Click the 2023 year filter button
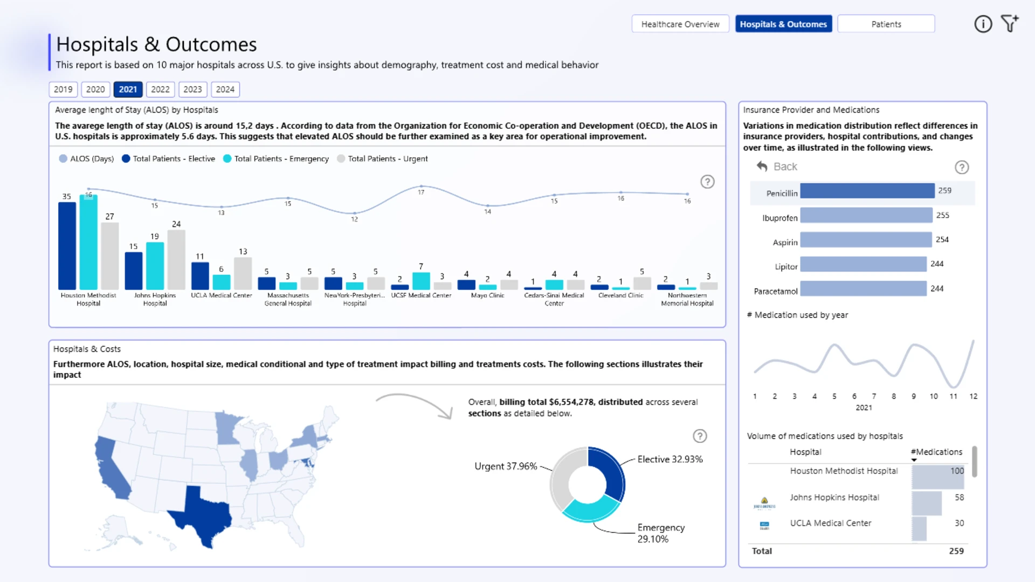click(192, 89)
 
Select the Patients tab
click(886, 24)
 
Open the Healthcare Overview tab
click(680, 24)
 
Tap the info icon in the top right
click(983, 24)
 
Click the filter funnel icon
click(1009, 24)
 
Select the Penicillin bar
click(867, 191)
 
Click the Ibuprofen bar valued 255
click(866, 216)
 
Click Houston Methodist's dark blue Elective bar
click(67, 246)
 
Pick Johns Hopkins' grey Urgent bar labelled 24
click(176, 260)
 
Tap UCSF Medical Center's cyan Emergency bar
click(421, 281)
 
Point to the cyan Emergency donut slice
click(590, 510)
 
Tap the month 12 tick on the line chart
click(973, 397)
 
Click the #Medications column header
click(936, 452)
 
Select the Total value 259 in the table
click(956, 551)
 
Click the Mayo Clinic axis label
click(487, 295)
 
